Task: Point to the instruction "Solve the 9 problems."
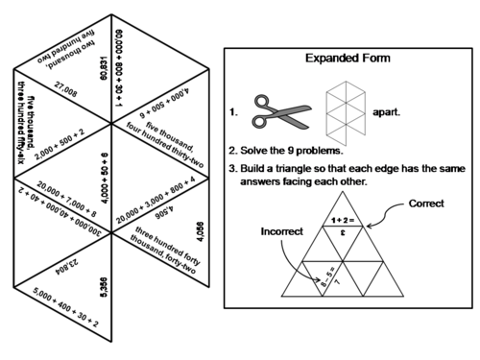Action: click(300, 151)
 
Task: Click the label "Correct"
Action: click(426, 204)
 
